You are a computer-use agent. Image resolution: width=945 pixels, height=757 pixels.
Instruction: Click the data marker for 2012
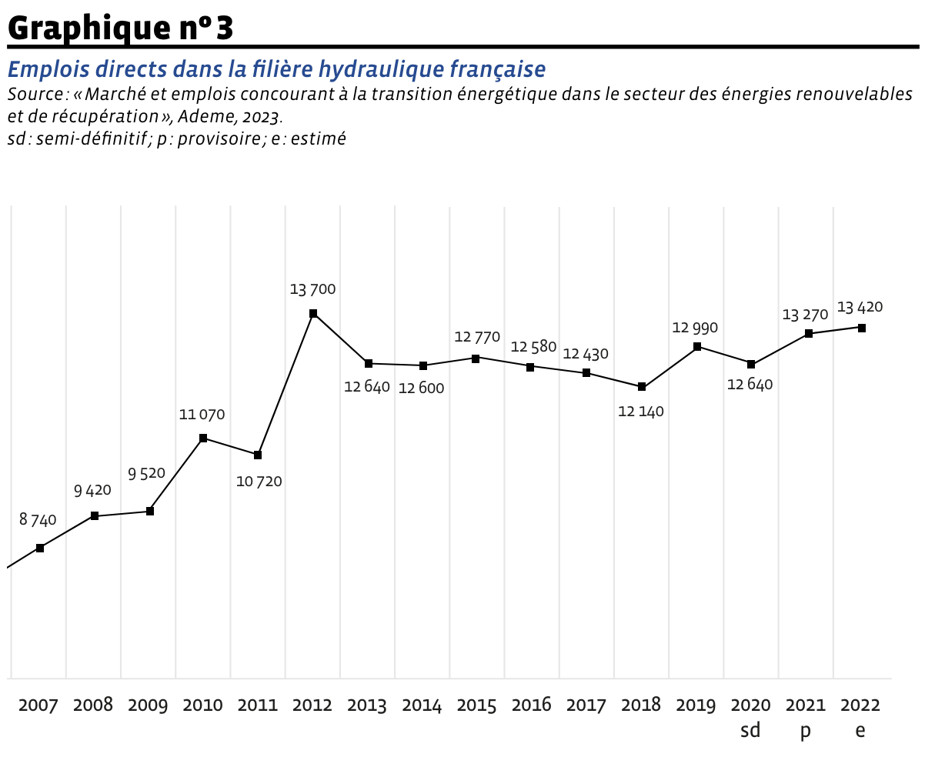[313, 313]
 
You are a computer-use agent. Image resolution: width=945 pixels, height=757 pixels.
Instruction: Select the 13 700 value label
[312, 290]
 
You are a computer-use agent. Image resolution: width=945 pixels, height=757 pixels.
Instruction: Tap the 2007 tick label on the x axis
[38, 705]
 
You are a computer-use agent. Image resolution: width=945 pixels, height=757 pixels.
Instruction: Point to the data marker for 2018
[642, 387]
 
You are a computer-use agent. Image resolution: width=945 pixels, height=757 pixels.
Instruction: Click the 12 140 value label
[640, 412]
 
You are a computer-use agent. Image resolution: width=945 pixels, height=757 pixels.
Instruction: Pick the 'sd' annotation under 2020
[750, 730]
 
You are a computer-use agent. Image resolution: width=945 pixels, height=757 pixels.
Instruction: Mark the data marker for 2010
[203, 439]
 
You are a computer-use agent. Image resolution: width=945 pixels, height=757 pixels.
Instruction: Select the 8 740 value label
[38, 520]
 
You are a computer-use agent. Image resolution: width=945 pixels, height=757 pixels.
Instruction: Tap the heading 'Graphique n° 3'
[120, 28]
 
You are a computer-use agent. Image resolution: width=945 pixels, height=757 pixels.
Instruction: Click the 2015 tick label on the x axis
[476, 705]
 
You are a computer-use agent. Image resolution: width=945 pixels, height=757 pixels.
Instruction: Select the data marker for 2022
[862, 328]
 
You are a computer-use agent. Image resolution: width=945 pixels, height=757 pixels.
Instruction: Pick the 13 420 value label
[860, 308]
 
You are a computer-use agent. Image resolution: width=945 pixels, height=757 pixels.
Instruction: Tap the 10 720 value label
[259, 482]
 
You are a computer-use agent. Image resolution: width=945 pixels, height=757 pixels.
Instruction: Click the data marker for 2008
[95, 516]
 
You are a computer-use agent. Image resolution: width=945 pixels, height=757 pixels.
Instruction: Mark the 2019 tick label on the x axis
[696, 705]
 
